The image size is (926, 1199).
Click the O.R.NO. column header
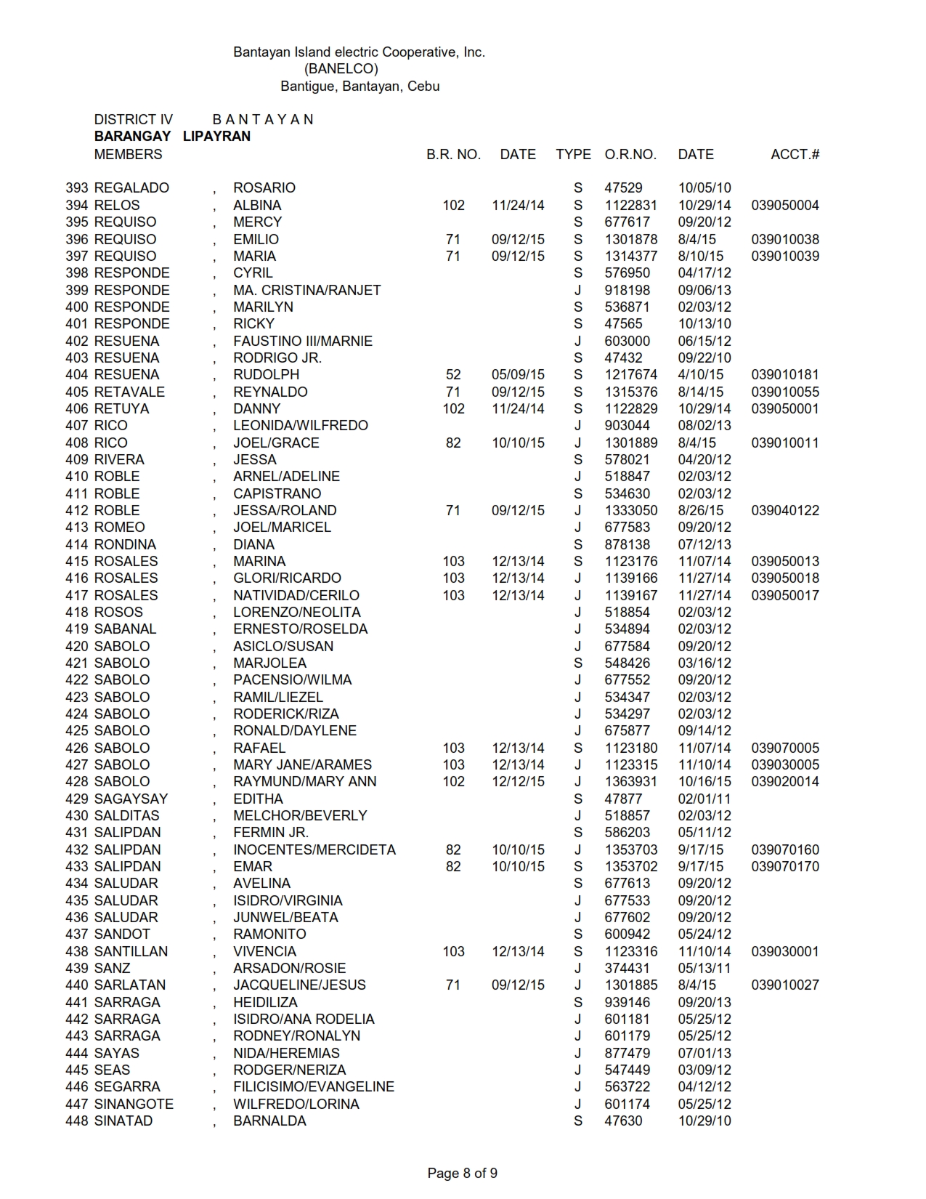(630, 154)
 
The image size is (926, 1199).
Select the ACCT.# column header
(795, 154)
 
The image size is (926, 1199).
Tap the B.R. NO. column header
(453, 154)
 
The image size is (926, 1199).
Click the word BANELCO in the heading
(341, 69)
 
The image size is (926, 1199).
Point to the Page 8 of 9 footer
(462, 1173)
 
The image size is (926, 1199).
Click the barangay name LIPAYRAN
(216, 136)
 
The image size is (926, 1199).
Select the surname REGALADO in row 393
(131, 187)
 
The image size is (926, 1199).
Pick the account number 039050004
(785, 205)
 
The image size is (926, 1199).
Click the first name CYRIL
(253, 272)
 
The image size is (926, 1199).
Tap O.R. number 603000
(627, 341)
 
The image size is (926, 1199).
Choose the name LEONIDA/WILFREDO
(300, 425)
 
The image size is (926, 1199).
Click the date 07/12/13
(704, 544)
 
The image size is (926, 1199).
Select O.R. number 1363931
(630, 781)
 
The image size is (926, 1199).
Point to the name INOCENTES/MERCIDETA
(314, 849)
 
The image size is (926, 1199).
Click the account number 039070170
(785, 866)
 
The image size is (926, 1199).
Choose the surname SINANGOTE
(134, 1104)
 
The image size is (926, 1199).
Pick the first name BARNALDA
(269, 1121)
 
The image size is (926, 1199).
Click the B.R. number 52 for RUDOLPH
(453, 374)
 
